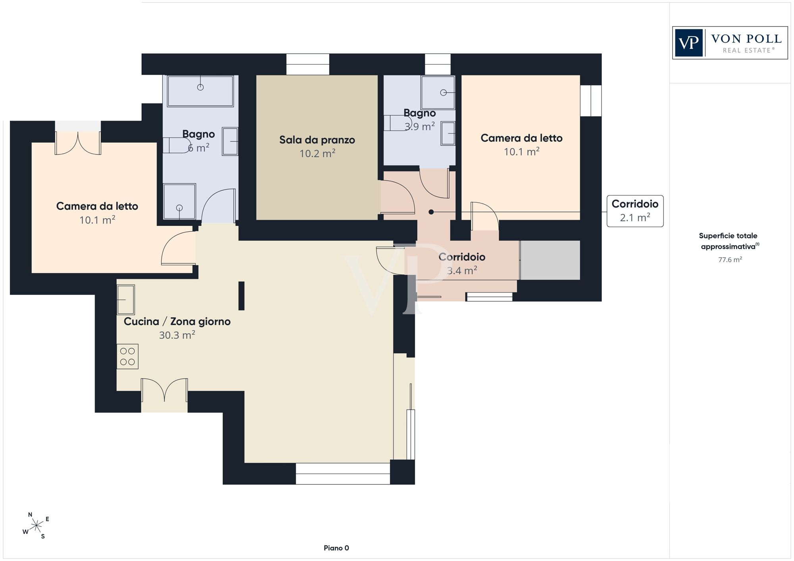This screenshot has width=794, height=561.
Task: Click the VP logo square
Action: (689, 43)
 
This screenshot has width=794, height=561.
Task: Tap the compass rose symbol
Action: (36, 526)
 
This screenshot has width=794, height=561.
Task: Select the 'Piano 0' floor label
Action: (336, 548)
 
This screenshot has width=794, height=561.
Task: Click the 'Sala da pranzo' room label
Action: (317, 140)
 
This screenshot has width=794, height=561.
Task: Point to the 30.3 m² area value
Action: (177, 335)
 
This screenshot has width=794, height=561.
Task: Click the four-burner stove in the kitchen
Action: (127, 356)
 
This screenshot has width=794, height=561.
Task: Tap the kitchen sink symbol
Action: (126, 300)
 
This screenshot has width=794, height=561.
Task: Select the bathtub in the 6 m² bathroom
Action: (200, 91)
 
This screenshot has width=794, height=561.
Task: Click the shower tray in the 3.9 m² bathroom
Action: (438, 92)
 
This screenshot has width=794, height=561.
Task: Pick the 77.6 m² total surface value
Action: (730, 260)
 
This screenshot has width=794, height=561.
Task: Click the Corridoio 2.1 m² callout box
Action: (635, 211)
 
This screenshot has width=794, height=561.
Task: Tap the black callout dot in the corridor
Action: (431, 212)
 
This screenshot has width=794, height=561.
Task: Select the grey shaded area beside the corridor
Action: (550, 260)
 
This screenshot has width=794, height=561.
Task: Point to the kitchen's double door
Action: (164, 390)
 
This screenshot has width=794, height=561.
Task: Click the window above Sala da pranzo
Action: (308, 64)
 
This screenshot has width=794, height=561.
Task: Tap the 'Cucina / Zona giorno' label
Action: (177, 321)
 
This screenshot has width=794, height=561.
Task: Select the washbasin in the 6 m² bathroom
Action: (230, 141)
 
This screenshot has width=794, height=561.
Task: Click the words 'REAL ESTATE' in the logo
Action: (749, 50)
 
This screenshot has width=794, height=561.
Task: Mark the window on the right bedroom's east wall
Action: (591, 101)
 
